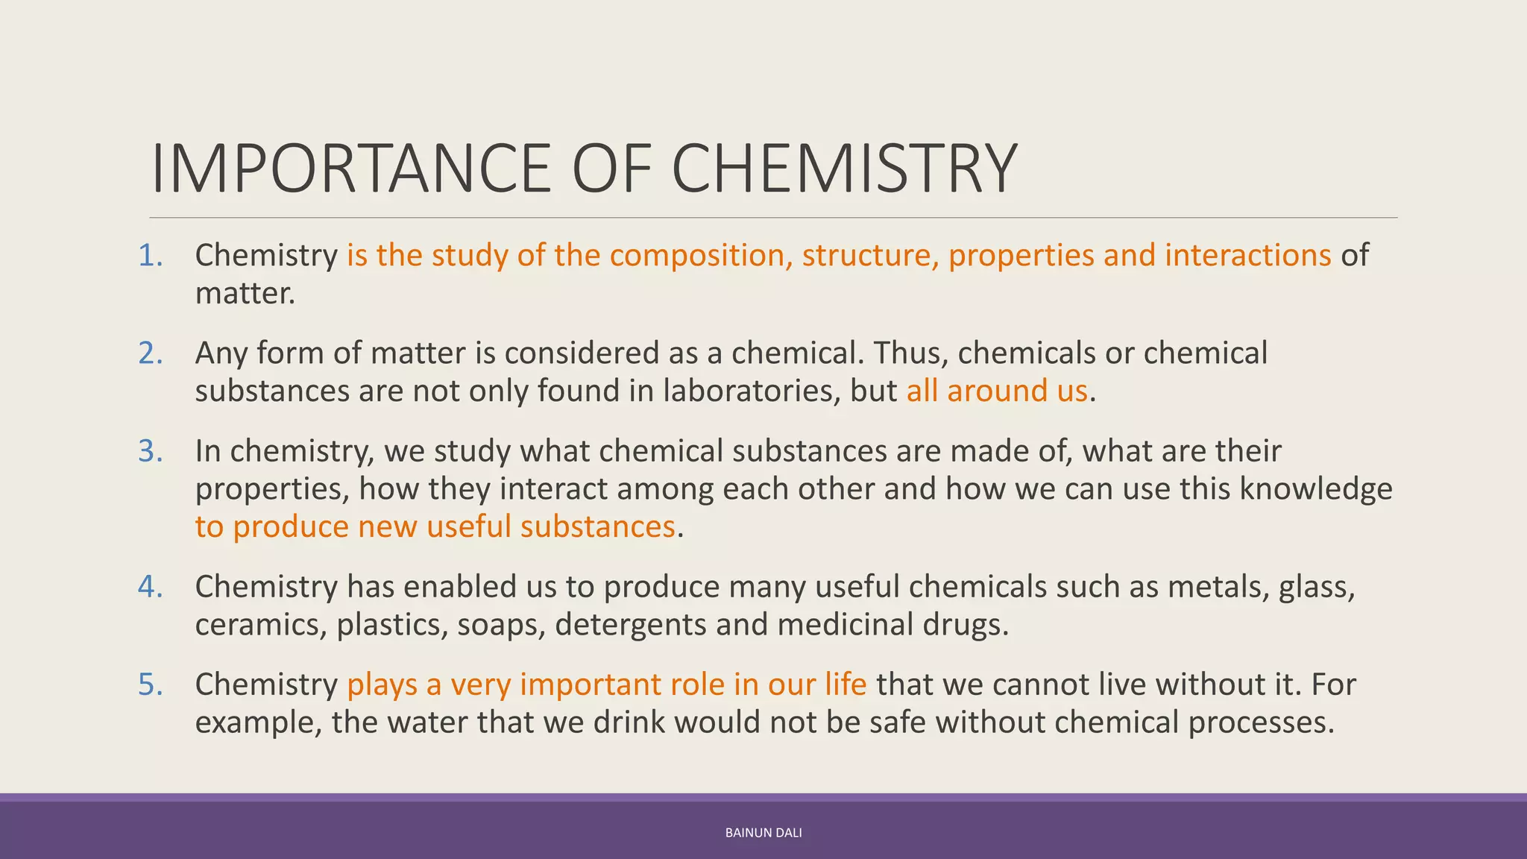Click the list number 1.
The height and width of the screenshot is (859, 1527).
click(149, 256)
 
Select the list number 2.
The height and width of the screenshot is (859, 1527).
click(149, 353)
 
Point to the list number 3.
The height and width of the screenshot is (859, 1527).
click(149, 451)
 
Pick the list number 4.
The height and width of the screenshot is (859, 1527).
click(149, 587)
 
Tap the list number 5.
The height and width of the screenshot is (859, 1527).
click(149, 685)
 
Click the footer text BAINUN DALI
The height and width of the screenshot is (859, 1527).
click(763, 833)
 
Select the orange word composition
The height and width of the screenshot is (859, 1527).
click(698, 256)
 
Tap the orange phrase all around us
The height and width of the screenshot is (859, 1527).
click(997, 391)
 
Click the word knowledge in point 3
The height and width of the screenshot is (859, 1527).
click(1316, 489)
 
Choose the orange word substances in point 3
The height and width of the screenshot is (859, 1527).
click(598, 527)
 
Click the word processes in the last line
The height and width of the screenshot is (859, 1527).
click(1260, 723)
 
